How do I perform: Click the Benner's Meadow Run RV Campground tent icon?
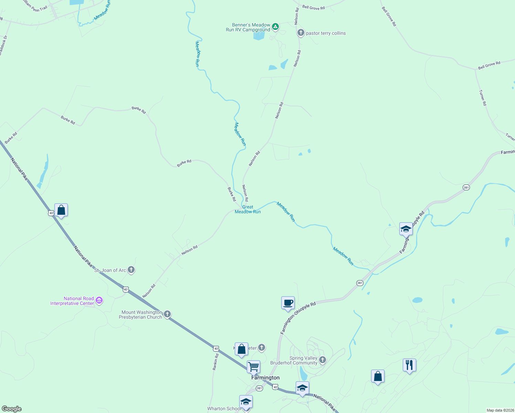coord(275,27)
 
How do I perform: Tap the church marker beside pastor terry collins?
coord(301,33)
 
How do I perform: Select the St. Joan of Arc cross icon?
coord(131,269)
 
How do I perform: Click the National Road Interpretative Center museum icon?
coord(99,300)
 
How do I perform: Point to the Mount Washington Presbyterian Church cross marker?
coord(167,314)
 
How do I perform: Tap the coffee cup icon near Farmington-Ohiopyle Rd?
coord(288,303)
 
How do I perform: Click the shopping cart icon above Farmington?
coord(253,367)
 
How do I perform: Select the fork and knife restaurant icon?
coord(409,365)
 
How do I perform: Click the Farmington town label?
coord(265,378)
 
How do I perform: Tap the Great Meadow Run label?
coord(248,209)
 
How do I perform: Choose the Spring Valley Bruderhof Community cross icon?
coord(323,360)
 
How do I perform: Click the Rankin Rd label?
coord(216,362)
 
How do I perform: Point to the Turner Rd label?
coord(483,98)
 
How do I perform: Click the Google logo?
coord(12,409)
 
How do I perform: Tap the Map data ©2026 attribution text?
coord(499,410)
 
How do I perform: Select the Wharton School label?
coord(224,409)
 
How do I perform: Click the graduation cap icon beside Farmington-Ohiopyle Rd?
coord(406,229)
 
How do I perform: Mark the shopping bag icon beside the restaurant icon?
coord(378,376)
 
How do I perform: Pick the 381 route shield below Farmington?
coord(259,388)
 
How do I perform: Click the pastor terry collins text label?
coord(326,33)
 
